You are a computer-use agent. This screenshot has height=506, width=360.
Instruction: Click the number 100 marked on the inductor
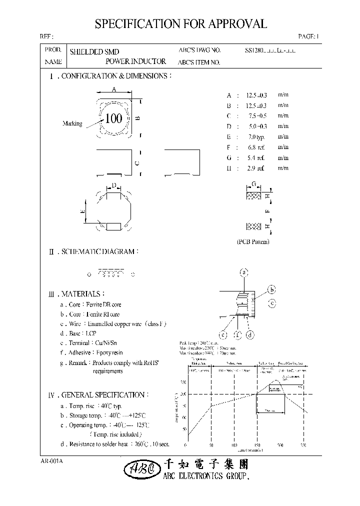[114, 119]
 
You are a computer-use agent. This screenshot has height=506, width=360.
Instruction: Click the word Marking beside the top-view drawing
[72, 123]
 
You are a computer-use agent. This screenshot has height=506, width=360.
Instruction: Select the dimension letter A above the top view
[114, 89]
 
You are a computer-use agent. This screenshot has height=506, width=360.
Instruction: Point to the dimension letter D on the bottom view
[114, 186]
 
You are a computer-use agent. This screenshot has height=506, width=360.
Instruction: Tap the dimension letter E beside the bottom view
[82, 211]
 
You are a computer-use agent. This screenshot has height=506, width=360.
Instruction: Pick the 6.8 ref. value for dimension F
[256, 147]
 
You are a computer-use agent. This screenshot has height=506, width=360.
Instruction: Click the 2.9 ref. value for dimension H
[256, 168]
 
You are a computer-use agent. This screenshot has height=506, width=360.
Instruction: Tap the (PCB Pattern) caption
[253, 241]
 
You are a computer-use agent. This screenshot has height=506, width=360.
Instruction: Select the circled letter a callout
[244, 272]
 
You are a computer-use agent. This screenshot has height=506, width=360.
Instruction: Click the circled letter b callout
[272, 289]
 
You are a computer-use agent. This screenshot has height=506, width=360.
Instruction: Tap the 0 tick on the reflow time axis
[186, 444]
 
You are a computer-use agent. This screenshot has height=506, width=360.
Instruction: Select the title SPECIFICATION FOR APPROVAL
[180, 24]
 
